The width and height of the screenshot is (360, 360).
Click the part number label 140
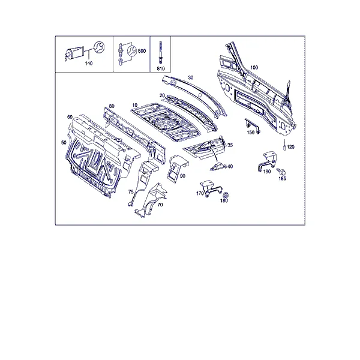pyautogui.click(x=89, y=64)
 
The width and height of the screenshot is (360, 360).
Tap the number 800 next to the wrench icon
pyautogui.click(x=142, y=51)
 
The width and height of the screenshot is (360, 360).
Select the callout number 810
pyautogui.click(x=161, y=68)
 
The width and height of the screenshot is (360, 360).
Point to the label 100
pyautogui.click(x=254, y=67)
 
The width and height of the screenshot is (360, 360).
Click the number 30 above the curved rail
pyautogui.click(x=191, y=77)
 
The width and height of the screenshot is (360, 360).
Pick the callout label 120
pyautogui.click(x=290, y=147)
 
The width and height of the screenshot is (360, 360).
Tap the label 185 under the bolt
pyautogui.click(x=282, y=178)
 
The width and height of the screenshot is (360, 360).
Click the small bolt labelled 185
pyautogui.click(x=281, y=171)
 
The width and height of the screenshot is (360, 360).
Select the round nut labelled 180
pyautogui.click(x=226, y=195)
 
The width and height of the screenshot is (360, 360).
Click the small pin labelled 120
pyautogui.click(x=284, y=145)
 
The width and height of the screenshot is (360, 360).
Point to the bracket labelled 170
pyautogui.click(x=211, y=188)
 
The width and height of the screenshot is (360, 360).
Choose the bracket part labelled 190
pyautogui.click(x=267, y=161)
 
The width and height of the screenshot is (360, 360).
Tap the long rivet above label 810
pyautogui.click(x=160, y=52)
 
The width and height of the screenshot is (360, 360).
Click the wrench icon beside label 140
pyautogui.click(x=99, y=47)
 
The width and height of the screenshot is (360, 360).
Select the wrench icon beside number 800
pyautogui.click(x=131, y=51)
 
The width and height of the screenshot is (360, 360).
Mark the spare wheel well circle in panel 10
pyautogui.click(x=166, y=122)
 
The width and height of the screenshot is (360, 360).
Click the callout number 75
pyautogui.click(x=131, y=192)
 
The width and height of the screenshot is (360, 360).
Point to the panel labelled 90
pyautogui.click(x=178, y=168)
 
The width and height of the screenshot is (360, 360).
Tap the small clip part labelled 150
pyautogui.click(x=252, y=125)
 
